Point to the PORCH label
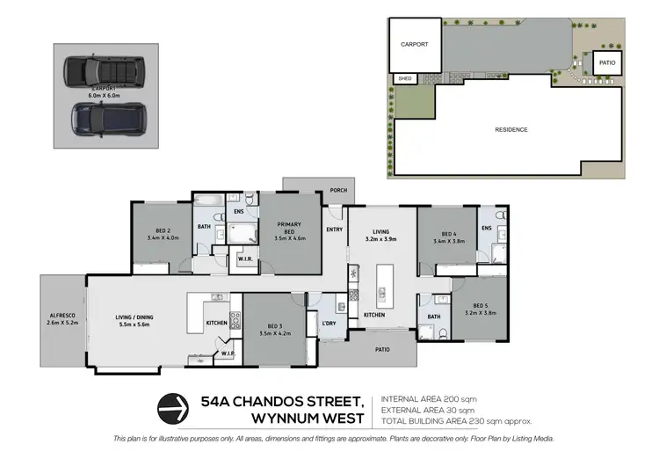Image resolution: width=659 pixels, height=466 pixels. click(x=338, y=190)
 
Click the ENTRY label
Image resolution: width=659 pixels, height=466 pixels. click(x=335, y=229)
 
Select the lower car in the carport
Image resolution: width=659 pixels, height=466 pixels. click(x=105, y=116)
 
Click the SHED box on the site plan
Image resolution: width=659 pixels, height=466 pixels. click(x=405, y=79)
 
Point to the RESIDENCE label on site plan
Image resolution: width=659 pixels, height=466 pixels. click(x=511, y=130)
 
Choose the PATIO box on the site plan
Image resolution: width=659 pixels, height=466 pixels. click(x=607, y=63)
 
